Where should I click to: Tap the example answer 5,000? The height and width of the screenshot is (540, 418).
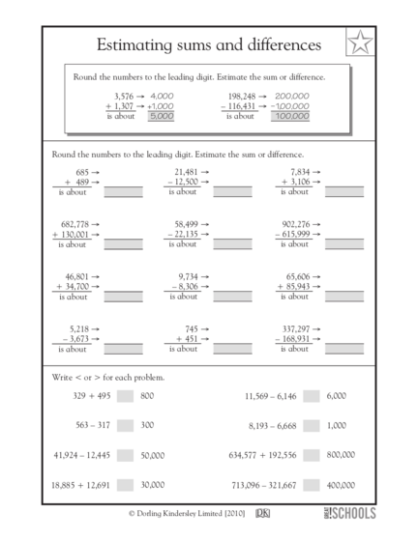click(x=161, y=115)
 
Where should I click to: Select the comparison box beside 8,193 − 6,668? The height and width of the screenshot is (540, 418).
click(x=312, y=424)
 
